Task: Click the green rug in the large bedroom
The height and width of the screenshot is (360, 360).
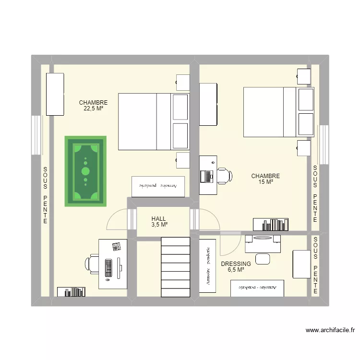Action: (85, 171)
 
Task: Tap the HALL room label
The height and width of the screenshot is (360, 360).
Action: (158, 219)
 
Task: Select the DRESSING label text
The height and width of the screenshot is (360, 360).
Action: (236, 264)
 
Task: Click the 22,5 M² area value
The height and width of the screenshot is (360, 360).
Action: (93, 109)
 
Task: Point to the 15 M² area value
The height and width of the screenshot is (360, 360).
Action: (265, 182)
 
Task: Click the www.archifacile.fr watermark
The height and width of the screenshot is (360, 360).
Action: (330, 330)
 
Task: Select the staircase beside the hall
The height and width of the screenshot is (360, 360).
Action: (176, 266)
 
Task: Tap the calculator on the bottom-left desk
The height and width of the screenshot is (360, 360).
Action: (116, 247)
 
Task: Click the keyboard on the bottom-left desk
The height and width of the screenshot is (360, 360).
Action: (108, 268)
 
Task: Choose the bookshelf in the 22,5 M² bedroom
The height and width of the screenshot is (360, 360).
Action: (71, 291)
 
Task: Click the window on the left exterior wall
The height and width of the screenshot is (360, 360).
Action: (36, 135)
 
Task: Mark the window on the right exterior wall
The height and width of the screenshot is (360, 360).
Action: (324, 141)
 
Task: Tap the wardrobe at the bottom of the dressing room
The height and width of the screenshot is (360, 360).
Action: (257, 288)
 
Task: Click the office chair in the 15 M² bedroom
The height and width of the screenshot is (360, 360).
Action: (223, 176)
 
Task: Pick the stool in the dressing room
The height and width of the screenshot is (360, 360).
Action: (263, 259)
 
